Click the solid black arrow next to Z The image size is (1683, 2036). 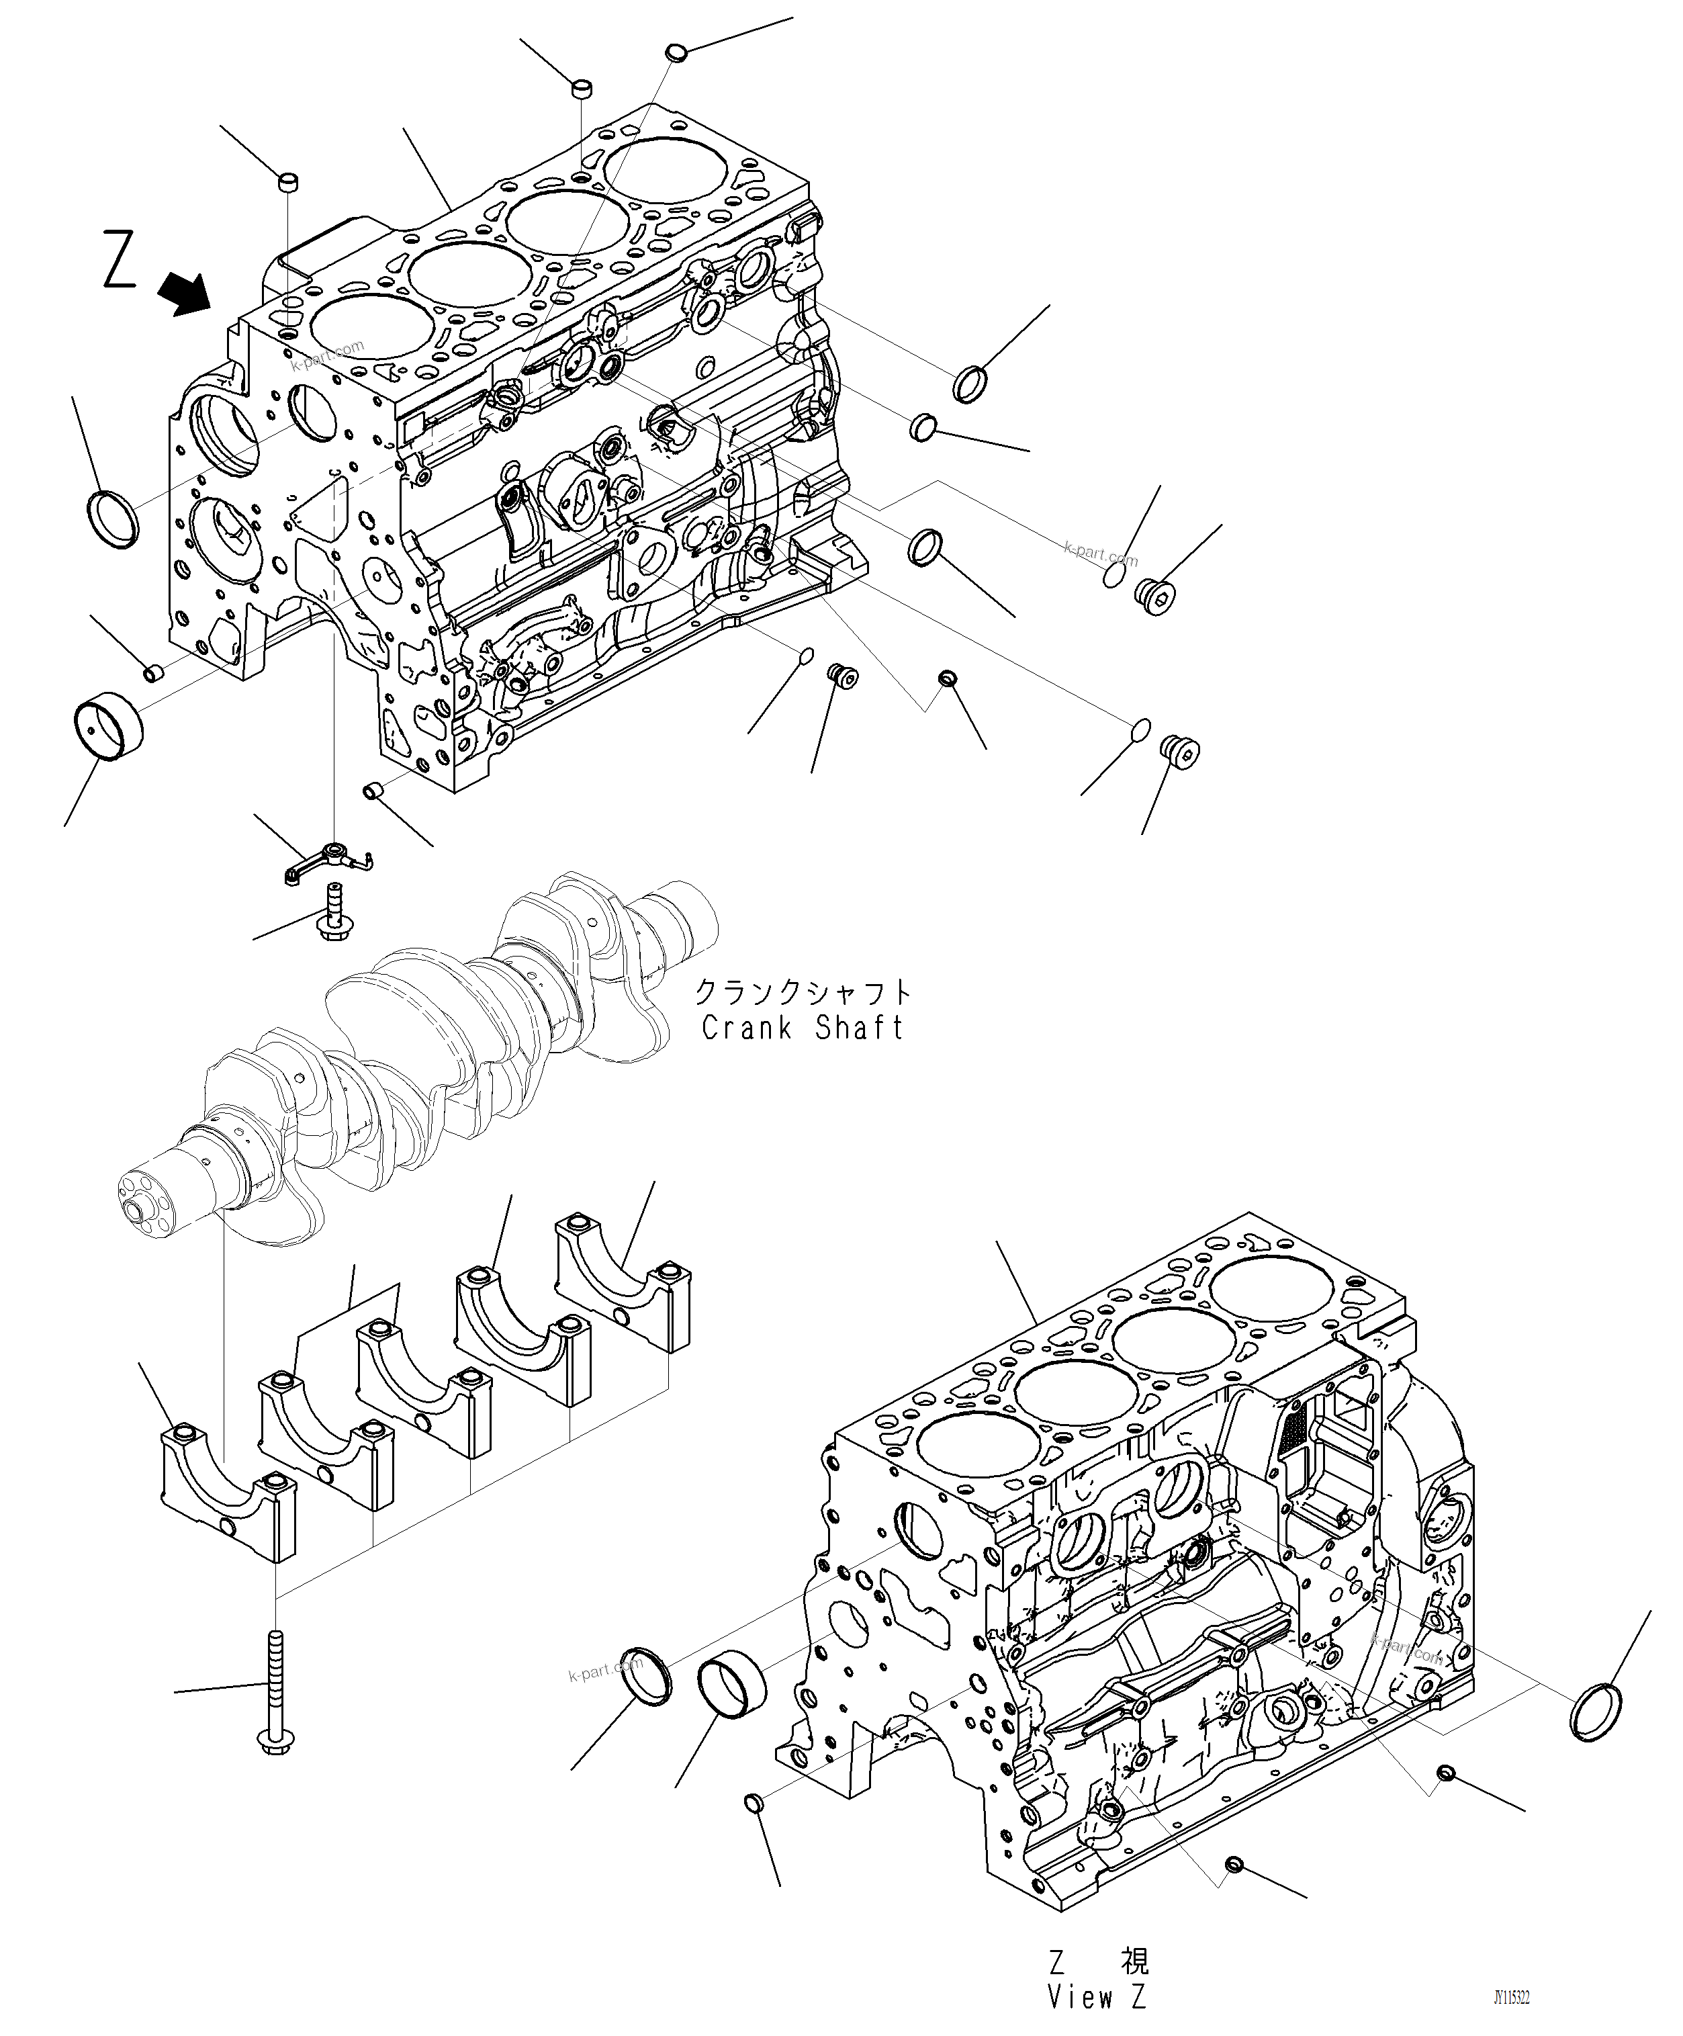click(x=186, y=294)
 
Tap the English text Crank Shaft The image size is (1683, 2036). click(x=802, y=1028)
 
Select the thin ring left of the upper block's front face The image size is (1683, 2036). click(x=113, y=519)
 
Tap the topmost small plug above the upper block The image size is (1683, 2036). click(x=677, y=51)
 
